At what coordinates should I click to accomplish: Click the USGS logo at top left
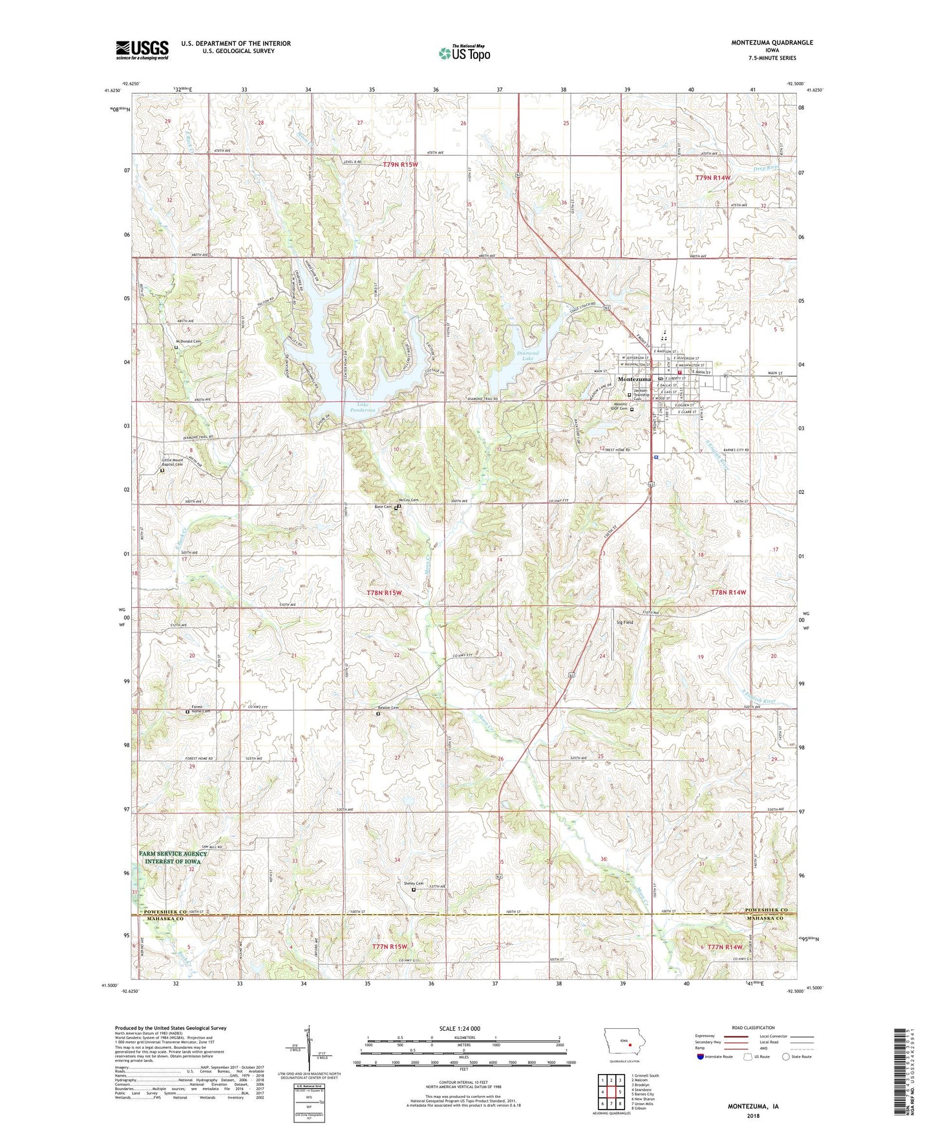point(142,49)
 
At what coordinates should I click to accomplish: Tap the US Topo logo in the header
point(464,52)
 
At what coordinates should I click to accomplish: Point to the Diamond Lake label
point(527,356)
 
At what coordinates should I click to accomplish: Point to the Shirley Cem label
point(414,884)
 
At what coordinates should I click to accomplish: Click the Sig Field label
point(624,622)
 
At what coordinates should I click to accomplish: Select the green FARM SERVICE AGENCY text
point(173,854)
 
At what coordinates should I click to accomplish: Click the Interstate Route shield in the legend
point(701,1057)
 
